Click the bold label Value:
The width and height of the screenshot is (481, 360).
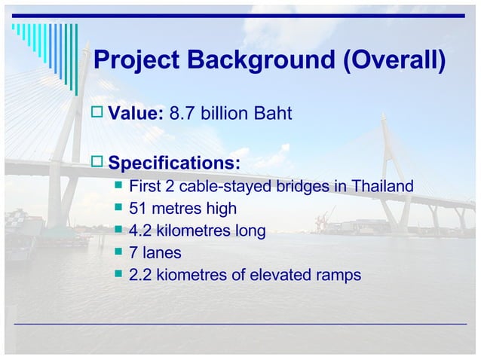[x=136, y=114]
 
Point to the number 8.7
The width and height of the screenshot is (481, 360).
[x=182, y=114]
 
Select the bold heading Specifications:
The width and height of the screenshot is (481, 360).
[x=175, y=163]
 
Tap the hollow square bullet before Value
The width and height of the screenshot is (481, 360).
[x=97, y=114]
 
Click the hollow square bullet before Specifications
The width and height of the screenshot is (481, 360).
[x=97, y=163]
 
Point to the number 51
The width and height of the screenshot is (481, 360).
[x=139, y=209]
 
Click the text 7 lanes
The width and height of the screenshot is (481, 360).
[x=155, y=253]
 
